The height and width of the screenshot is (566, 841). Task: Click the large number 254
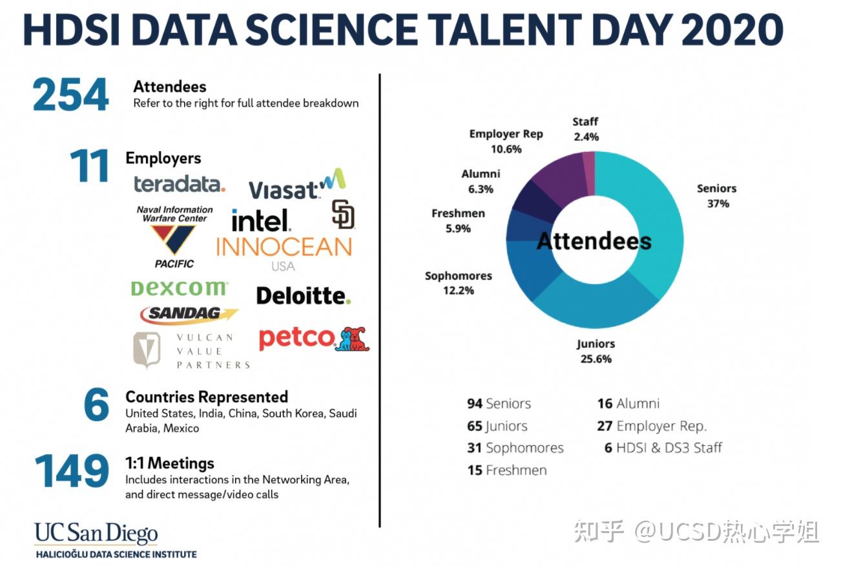coord(71,94)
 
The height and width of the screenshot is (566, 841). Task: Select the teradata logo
coord(180,184)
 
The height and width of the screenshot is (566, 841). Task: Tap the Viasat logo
coord(297,184)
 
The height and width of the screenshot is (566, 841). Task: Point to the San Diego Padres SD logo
coord(343,214)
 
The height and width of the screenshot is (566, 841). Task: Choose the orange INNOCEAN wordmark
coord(284,247)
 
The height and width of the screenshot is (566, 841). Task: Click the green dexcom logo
coord(180,288)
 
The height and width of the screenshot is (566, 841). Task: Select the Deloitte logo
coord(304,296)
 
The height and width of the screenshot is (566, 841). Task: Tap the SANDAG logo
coord(189,314)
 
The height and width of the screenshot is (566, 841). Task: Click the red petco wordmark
coord(296,338)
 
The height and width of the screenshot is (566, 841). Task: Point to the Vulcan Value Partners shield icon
coord(147,350)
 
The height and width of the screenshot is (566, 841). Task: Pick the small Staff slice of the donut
coord(589,173)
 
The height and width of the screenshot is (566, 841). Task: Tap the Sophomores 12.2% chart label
coord(459,283)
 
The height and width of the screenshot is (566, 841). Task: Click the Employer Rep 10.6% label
coord(506,141)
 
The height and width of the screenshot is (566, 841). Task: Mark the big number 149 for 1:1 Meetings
coord(72,470)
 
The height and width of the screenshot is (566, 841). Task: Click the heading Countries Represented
coord(207,397)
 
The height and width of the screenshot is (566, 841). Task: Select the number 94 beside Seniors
coord(475,403)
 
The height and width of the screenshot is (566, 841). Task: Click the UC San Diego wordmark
coord(96,533)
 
